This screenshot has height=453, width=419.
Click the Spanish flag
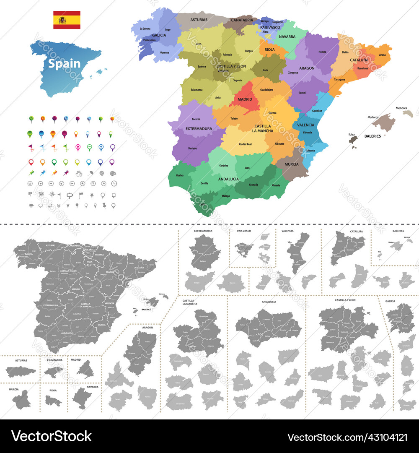click(x=67, y=20)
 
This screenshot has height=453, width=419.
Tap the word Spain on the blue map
click(x=64, y=64)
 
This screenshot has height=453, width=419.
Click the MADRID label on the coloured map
click(x=245, y=99)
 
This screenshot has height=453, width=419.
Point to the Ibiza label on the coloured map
click(x=352, y=135)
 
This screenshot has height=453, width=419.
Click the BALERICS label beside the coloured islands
click(x=372, y=136)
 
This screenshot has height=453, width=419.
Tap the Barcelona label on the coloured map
click(x=363, y=68)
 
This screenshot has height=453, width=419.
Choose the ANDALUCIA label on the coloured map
click(x=228, y=179)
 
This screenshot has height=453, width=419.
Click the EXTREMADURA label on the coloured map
click(x=199, y=128)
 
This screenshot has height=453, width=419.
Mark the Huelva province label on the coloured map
click(x=180, y=175)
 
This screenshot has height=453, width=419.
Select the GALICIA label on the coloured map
click(x=159, y=35)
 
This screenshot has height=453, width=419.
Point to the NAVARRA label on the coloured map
click(x=287, y=36)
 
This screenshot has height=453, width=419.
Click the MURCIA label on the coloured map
click(x=292, y=164)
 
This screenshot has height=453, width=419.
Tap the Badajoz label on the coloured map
click(x=193, y=148)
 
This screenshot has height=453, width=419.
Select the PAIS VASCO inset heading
click(x=244, y=231)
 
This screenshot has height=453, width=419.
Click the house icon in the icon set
click(x=79, y=173)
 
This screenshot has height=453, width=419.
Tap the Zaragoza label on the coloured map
click(x=293, y=73)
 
